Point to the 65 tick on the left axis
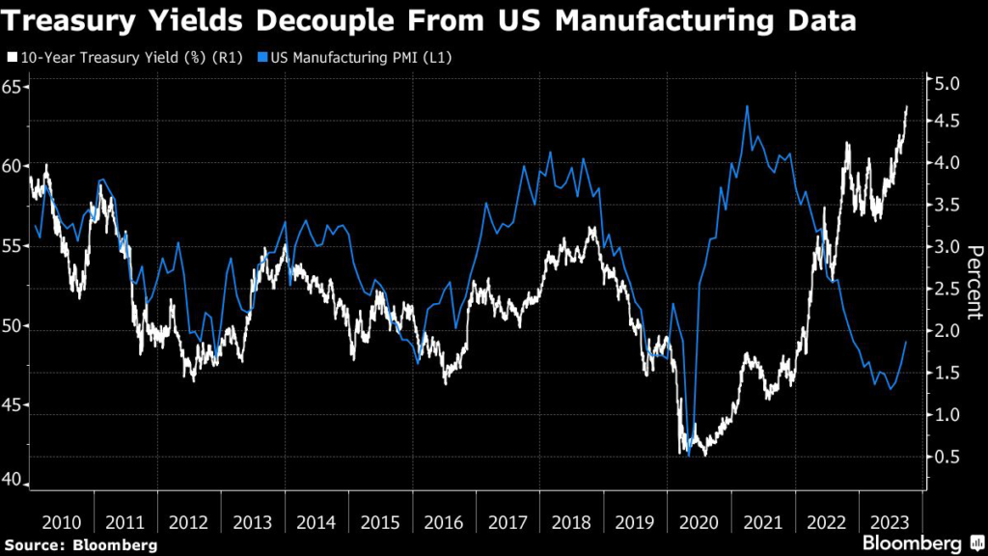[14, 87]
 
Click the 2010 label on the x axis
[61, 521]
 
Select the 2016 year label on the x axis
[443, 521]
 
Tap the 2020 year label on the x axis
[698, 521]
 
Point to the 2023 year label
[890, 521]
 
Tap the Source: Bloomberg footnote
[81, 544]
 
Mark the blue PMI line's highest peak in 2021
[747, 106]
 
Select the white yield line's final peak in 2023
[906, 107]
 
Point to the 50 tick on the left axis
[14, 325]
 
